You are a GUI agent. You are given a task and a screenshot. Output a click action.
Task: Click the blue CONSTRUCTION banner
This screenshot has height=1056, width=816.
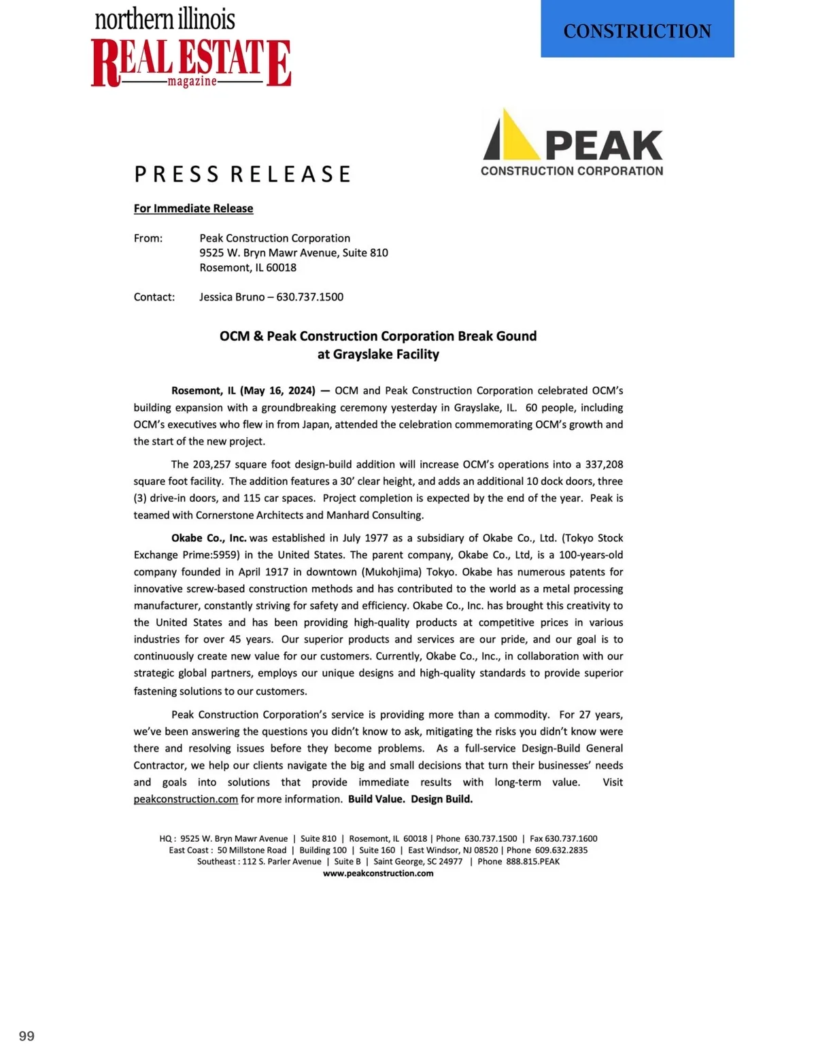click(637, 29)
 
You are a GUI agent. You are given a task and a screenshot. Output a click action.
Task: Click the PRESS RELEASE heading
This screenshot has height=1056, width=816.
click(242, 174)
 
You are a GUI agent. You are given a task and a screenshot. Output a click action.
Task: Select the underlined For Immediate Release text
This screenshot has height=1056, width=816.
click(193, 208)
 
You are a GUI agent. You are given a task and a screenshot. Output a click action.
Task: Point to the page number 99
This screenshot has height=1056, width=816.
click(27, 1036)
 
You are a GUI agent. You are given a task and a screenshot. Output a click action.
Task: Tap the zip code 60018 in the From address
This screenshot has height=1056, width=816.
click(281, 267)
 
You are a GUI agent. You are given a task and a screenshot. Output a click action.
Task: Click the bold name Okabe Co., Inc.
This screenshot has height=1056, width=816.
click(209, 538)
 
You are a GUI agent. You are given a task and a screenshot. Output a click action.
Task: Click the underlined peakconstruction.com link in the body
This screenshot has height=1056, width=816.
click(186, 799)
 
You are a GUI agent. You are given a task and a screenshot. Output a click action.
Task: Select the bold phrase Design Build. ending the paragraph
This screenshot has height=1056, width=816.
click(441, 799)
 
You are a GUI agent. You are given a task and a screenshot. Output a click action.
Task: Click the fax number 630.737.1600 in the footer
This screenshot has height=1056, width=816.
click(571, 838)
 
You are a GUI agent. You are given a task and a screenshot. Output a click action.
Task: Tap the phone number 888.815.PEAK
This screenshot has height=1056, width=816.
click(532, 862)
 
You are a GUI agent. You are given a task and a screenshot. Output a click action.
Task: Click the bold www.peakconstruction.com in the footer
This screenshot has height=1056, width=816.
click(378, 873)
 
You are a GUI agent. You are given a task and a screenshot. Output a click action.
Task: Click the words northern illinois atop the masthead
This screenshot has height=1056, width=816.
click(165, 19)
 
